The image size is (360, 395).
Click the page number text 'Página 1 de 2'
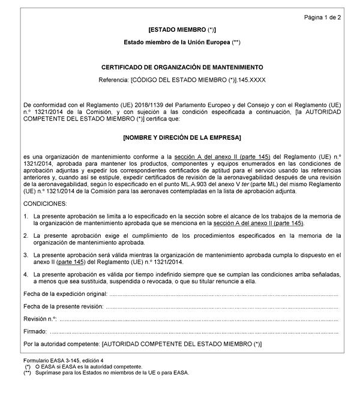point(322,17)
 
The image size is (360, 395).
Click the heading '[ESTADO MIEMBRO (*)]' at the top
point(182,29)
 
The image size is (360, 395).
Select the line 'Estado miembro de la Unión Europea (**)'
point(182,43)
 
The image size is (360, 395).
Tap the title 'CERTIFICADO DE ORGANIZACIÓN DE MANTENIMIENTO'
point(182,67)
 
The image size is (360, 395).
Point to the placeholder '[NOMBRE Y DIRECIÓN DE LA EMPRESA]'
point(182,138)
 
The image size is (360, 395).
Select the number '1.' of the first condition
point(26,216)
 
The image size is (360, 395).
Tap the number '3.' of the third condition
point(26,255)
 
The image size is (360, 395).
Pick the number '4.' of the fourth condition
point(26,274)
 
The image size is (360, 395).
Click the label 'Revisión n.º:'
point(40,319)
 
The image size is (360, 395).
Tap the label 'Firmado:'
point(35,331)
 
